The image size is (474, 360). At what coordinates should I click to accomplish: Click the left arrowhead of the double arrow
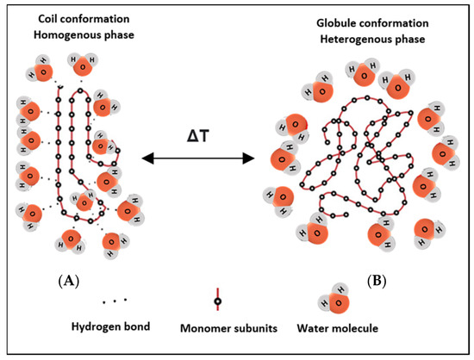point(146,158)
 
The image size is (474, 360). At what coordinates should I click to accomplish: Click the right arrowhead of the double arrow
point(251,158)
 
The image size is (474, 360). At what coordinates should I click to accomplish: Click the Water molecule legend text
point(339,327)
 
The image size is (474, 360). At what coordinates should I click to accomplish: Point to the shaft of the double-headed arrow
point(198,158)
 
